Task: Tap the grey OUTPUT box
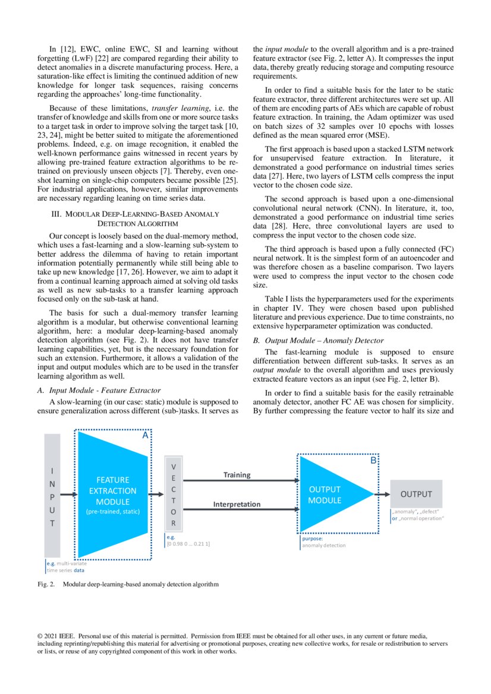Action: point(416,494)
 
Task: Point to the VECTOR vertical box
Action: point(174,493)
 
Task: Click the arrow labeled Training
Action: point(238,481)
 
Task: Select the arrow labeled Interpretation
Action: point(238,511)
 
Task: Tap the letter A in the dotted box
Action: point(144,435)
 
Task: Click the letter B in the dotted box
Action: point(373,461)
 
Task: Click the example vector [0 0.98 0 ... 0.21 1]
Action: point(188,543)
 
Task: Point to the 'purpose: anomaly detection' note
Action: point(324,542)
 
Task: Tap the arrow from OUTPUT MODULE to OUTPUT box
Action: point(380,494)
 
